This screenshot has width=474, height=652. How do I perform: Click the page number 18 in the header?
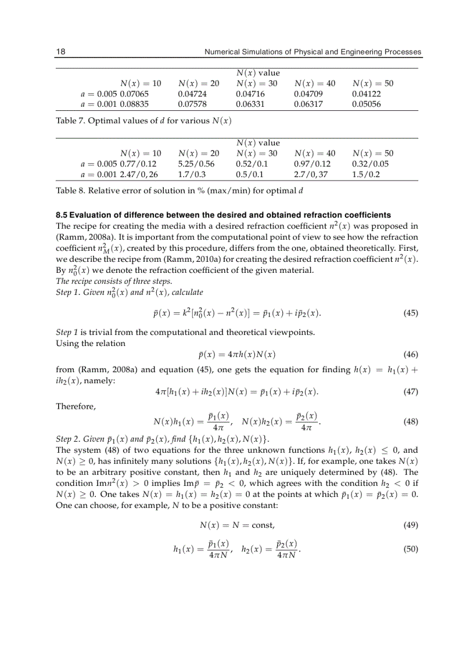coord(60,52)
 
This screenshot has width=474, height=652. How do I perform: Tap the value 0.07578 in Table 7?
coord(192,105)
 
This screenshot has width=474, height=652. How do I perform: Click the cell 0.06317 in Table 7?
coord(308,105)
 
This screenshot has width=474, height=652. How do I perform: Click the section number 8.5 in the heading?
coord(62,215)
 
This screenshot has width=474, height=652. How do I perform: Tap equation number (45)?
coord(410,314)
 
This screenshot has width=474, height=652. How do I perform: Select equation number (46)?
coord(410,354)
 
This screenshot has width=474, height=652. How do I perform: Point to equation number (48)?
coord(410,422)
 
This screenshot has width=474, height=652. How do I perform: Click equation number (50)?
coord(410,549)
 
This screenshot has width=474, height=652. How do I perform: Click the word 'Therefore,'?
coord(76,406)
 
